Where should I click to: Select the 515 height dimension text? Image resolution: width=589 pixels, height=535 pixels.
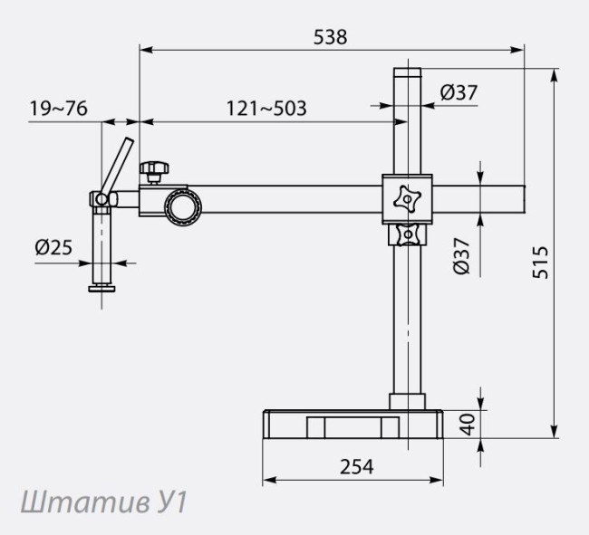tap(541, 263)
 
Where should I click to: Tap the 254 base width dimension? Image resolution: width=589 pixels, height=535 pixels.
tap(356, 466)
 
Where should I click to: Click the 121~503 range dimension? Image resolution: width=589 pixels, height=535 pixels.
tap(266, 109)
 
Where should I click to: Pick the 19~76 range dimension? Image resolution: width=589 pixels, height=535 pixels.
tap(58, 109)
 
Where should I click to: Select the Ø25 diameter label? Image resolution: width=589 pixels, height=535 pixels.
tap(55, 246)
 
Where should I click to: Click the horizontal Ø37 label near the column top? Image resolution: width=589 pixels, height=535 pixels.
tap(459, 91)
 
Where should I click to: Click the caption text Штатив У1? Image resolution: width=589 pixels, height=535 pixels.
tap(102, 502)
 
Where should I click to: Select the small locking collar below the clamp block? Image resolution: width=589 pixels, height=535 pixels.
tap(409, 235)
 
